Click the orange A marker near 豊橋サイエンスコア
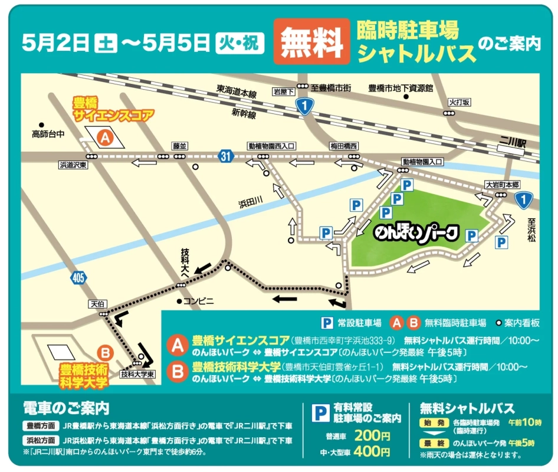tap(105, 138)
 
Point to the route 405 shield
tap(78, 277)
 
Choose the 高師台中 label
tap(48, 134)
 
